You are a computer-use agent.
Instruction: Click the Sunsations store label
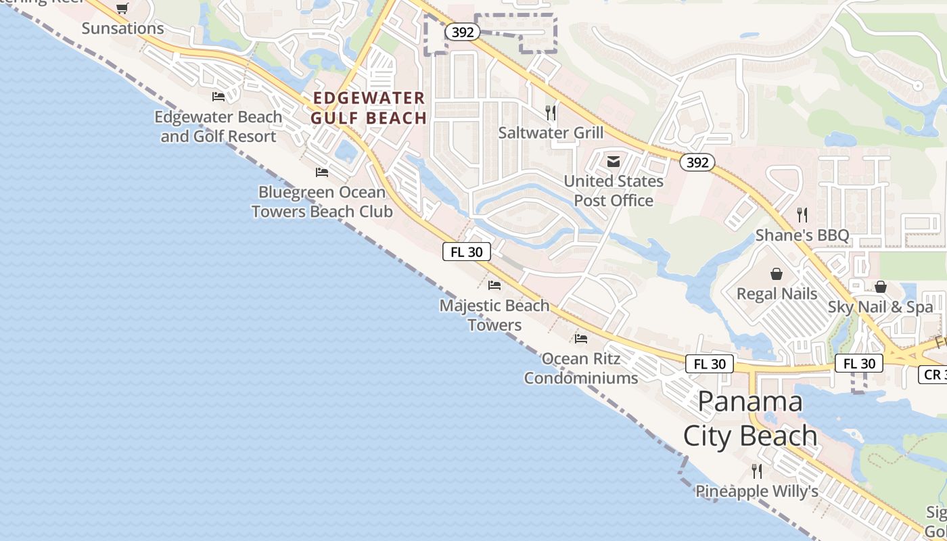click(122, 28)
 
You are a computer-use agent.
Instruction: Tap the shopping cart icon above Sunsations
click(122, 9)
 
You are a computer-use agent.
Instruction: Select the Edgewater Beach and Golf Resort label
click(218, 126)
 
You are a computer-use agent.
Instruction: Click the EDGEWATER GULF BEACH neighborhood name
click(369, 108)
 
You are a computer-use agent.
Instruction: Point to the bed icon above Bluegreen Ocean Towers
click(322, 172)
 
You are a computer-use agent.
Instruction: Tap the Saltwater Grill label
click(551, 133)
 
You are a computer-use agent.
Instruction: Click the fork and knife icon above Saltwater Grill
click(551, 112)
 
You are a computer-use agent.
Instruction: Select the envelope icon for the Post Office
click(614, 162)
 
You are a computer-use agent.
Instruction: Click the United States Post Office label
click(614, 191)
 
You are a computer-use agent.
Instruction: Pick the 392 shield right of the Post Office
click(697, 162)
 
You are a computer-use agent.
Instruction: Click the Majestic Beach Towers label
click(494, 315)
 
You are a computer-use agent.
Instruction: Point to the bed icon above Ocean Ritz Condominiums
click(581, 338)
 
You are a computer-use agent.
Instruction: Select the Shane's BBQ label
click(802, 235)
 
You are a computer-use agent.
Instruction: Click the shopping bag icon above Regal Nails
click(777, 274)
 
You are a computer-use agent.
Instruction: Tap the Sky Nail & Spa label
click(880, 307)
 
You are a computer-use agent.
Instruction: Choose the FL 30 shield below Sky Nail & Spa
click(859, 364)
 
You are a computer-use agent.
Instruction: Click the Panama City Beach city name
click(750, 419)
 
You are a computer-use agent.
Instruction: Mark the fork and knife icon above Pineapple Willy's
click(757, 471)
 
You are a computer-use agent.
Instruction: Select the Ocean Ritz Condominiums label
click(581, 368)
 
